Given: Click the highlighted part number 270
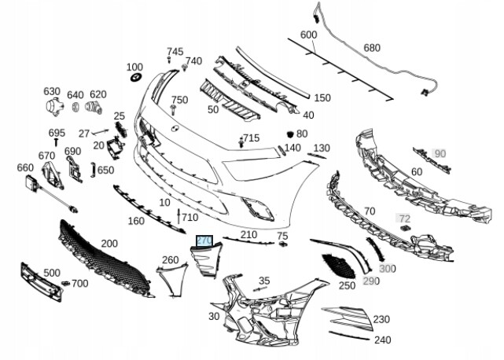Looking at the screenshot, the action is pos(204,241).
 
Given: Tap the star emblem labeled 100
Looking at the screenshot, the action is pos(137,77).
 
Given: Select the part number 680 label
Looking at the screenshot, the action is pos(372,48).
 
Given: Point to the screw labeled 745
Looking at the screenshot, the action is pos(169,60).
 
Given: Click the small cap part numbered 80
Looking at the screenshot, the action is pos(290,134).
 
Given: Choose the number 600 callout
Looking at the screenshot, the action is pos(308,35).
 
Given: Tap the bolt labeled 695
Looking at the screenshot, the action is pos(57,142).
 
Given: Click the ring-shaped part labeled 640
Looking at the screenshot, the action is pos(75,107).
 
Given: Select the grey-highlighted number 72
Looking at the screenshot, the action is pos(403,219).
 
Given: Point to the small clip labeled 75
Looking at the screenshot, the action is pos(283,244).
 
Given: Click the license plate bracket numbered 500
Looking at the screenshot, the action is pos(41,282).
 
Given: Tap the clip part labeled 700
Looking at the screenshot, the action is pos(65,283).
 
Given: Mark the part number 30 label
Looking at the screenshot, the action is pos(214,316).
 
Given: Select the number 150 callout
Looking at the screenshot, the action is pos(322,97).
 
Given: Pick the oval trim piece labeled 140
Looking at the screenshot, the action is pos(281,150).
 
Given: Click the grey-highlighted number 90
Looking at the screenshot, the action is pos(440,153).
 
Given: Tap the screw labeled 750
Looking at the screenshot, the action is pos(173,109).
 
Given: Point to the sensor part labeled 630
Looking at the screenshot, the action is pos(54,106).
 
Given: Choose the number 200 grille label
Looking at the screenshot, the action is pos(109,244).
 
